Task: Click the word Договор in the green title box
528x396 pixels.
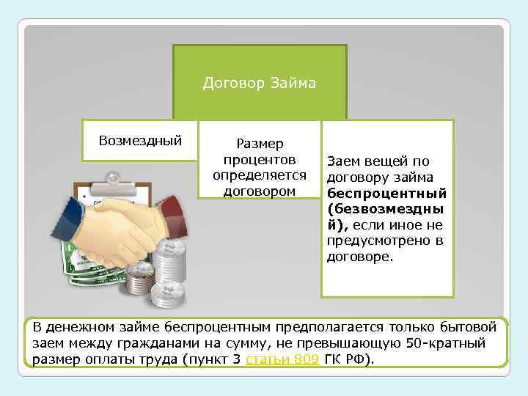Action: click(231, 83)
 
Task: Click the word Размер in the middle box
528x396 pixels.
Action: click(259, 144)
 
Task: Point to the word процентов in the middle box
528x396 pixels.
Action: click(259, 160)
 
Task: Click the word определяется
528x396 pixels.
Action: click(259, 175)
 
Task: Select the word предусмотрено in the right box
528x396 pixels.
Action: click(373, 242)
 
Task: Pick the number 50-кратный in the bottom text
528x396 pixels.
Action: click(452, 342)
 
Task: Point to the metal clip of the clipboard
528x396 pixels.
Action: click(112, 177)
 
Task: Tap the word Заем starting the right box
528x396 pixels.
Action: click(342, 161)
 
